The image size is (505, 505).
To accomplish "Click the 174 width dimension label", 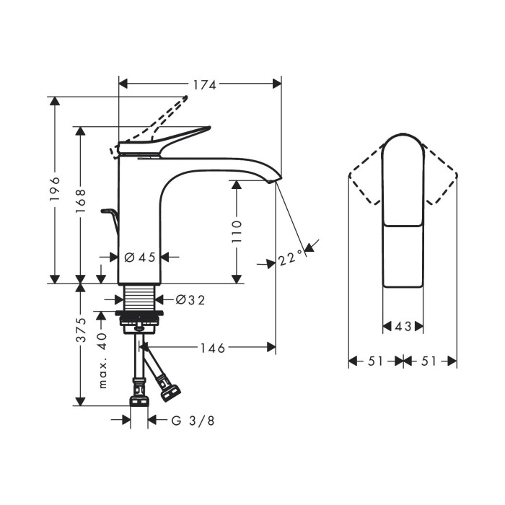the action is coord(204,85).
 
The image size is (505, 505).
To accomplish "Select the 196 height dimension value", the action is coord(55,189).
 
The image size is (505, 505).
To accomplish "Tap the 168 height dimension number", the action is coord(80,201).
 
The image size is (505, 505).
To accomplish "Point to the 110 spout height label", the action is coord(237,232).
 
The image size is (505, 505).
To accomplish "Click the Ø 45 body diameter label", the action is coord(140,258).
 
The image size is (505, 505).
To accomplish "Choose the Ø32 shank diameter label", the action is coord(190,300).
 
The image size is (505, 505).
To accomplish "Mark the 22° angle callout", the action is coord(291,258).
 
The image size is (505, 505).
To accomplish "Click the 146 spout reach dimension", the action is coord(213,348).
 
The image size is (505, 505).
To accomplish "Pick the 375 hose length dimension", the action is coord(80,330).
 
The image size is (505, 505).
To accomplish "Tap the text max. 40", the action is coord(102,361).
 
